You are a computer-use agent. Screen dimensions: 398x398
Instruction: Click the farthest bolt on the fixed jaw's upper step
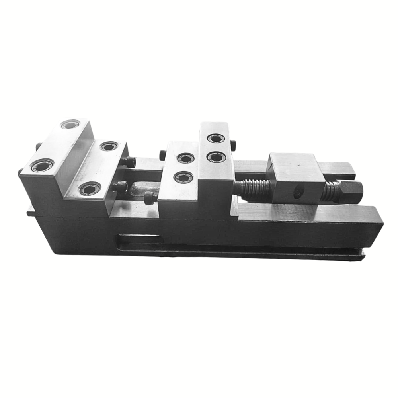(70, 125)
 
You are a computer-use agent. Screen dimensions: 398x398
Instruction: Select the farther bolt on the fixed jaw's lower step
(109, 146)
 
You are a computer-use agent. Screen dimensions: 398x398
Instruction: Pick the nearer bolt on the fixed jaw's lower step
(90, 188)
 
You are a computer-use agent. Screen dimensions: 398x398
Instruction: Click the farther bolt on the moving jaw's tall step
(216, 139)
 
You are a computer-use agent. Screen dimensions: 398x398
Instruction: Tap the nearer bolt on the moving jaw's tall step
(216, 157)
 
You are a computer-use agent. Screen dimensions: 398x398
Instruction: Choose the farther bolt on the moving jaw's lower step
(186, 158)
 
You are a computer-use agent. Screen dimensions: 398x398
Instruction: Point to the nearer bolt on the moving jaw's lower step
(183, 177)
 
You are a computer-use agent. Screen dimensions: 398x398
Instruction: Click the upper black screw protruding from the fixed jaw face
(129, 162)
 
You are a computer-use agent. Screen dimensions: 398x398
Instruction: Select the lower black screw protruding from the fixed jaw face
(120, 186)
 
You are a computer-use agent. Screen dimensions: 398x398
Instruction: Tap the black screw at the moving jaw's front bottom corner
(150, 197)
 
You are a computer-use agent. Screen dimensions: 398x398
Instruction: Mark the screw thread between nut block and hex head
(330, 191)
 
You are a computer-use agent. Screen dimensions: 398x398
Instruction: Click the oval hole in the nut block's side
(298, 193)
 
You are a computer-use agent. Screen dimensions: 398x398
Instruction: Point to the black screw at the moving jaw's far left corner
(162, 154)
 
